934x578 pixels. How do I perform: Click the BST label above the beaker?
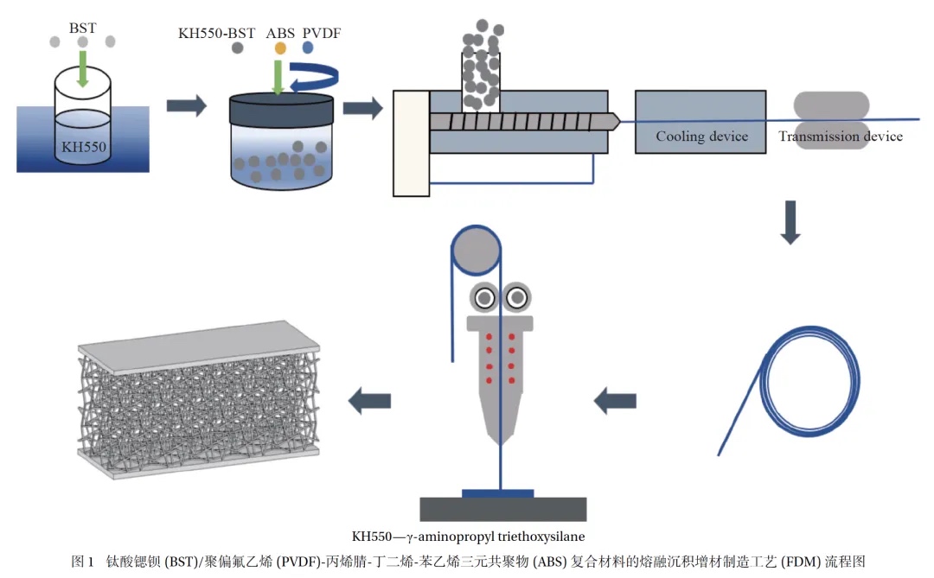[83, 16]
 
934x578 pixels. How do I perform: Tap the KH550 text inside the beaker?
[84, 147]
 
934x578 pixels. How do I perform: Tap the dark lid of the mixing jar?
[282, 111]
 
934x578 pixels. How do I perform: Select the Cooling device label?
[701, 137]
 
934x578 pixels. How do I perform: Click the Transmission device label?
[840, 137]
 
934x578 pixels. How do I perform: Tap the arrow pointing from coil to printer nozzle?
[616, 400]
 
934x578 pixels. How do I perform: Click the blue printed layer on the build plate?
[498, 493]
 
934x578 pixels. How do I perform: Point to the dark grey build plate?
[502, 509]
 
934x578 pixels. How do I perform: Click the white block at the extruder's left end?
[411, 143]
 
